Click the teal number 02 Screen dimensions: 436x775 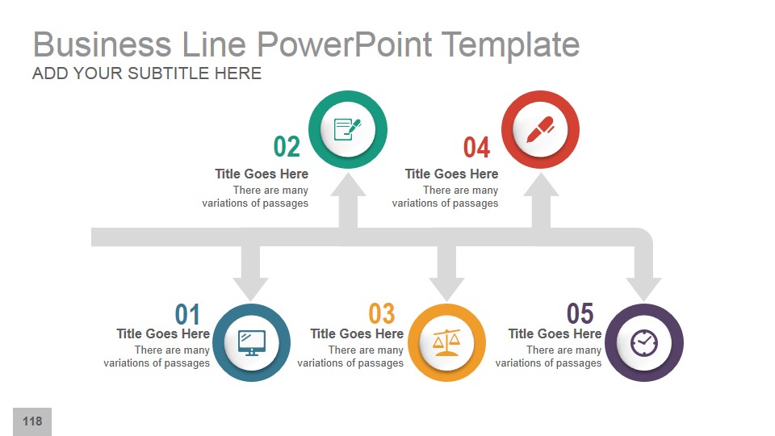pos(287,147)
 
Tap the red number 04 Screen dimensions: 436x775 pos(476,148)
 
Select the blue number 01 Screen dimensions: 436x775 pos(187,314)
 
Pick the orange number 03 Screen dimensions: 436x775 pos(382,313)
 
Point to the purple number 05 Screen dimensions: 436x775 pos(580,313)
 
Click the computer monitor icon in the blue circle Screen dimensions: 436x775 pos(251,342)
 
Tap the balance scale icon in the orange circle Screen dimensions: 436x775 pos(446,342)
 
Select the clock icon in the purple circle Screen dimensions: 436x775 pos(644,342)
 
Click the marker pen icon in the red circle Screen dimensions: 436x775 pos(540,129)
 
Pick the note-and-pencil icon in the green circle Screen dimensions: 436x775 pos(348,129)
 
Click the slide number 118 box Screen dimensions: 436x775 pos(32,421)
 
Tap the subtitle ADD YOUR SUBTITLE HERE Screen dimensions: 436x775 pos(147,73)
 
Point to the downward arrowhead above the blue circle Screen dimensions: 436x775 pos(250,287)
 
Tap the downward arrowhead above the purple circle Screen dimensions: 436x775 pos(643,287)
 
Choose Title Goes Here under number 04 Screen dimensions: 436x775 pos(451,174)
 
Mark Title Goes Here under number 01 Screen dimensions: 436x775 pos(163,333)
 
